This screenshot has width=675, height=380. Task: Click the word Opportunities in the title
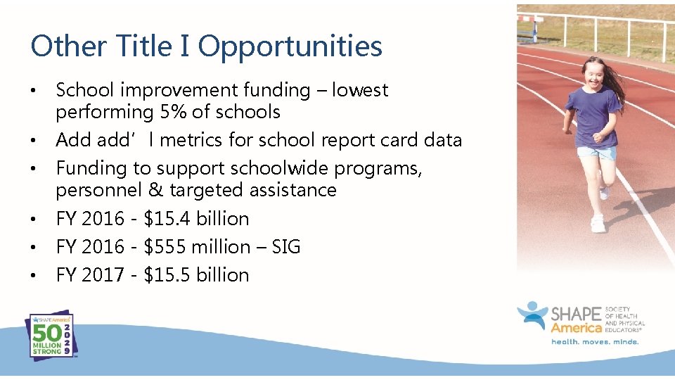[x=290, y=47]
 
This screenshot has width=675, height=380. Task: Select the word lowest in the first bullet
[x=360, y=90]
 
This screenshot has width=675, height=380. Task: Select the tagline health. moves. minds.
[x=594, y=342]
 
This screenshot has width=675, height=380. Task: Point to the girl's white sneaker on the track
[x=598, y=224]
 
